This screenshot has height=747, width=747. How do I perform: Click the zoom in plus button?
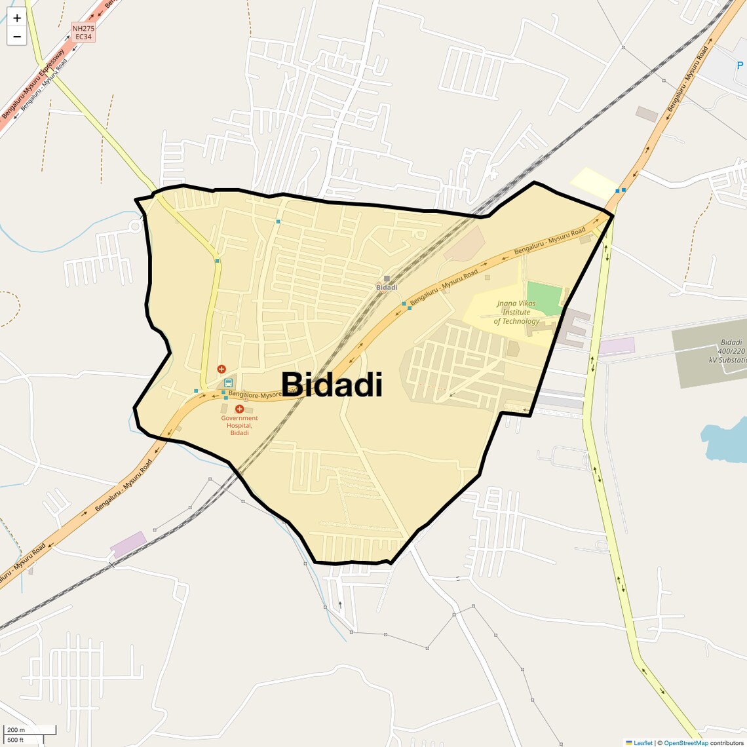tap(17, 18)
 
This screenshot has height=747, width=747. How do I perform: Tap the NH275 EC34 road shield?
tap(83, 33)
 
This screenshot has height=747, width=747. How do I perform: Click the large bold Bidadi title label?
tap(332, 385)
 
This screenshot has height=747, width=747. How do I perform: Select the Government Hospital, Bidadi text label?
tap(239, 425)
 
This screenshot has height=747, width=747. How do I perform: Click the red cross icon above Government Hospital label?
tap(239, 409)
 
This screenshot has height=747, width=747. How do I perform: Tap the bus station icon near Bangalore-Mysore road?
tap(228, 383)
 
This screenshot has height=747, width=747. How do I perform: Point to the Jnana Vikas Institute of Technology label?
tap(516, 313)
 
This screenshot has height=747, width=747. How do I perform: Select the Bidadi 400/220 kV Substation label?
tap(728, 351)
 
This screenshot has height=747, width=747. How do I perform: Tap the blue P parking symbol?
tap(740, 66)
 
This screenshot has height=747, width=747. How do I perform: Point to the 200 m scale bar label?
tap(16, 730)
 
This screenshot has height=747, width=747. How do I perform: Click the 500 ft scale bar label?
tap(16, 740)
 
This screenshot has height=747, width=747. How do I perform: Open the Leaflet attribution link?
tap(642, 742)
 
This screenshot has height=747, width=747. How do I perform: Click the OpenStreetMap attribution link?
tap(685, 742)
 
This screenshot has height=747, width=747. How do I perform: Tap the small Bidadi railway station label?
tap(387, 288)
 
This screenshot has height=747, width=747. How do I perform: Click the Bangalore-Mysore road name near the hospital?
tap(256, 395)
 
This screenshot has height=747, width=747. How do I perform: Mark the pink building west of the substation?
tap(616, 346)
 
